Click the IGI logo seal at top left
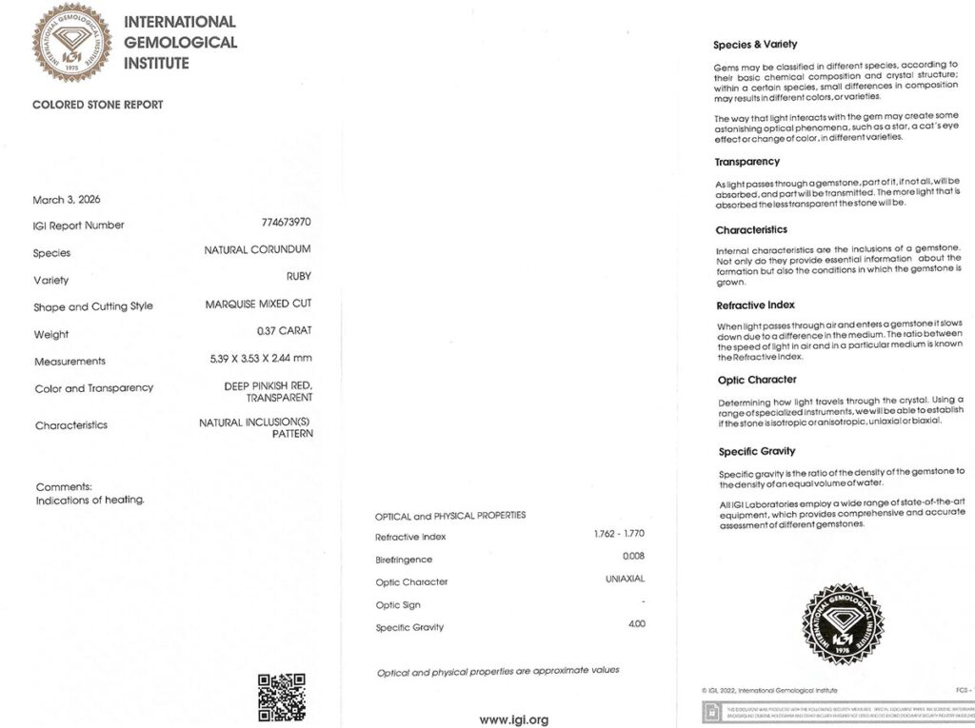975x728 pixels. tap(72, 42)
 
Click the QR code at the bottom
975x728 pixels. tap(282, 697)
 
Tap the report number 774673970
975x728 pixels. tap(286, 222)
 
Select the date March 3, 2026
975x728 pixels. tap(67, 200)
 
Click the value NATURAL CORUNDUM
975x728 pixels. tap(257, 249)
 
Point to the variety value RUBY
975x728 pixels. tap(299, 277)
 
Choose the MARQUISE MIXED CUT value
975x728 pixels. tap(258, 304)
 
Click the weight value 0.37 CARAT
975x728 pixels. tap(284, 331)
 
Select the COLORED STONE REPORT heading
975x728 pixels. tap(98, 105)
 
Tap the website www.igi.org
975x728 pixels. tap(514, 719)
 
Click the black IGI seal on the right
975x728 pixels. tap(843, 624)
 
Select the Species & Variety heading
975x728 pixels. tap(755, 45)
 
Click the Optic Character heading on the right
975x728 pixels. tap(757, 380)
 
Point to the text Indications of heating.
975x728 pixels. tap(90, 500)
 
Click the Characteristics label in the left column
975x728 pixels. tap(71, 425)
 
